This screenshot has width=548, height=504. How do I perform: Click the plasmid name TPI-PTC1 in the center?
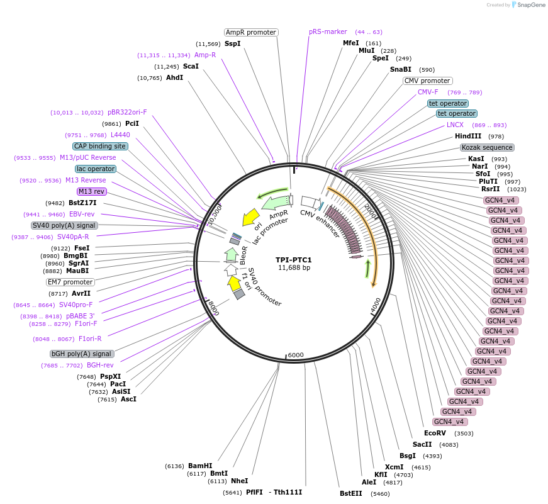click(x=294, y=260)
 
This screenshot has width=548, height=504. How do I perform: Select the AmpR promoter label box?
click(x=251, y=32)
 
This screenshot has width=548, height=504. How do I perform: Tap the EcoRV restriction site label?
click(x=435, y=433)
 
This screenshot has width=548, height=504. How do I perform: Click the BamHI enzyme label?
click(x=200, y=466)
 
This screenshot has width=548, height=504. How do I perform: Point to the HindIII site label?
click(x=468, y=136)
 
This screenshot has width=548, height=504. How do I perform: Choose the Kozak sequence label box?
click(x=487, y=147)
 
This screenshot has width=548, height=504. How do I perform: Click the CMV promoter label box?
click(x=427, y=81)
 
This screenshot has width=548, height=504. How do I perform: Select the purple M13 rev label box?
click(x=92, y=191)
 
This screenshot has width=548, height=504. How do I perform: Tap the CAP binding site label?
click(x=100, y=146)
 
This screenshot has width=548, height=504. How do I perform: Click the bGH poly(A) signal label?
click(x=82, y=354)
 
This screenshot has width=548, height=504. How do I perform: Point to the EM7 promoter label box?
click(x=70, y=282)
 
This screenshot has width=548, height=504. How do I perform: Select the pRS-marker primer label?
click(x=328, y=31)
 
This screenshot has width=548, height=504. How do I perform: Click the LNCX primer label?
click(x=455, y=125)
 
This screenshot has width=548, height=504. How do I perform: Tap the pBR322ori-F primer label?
click(x=127, y=112)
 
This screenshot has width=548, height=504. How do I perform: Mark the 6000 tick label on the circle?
click(x=296, y=355)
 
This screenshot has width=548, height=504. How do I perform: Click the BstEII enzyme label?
click(x=351, y=493)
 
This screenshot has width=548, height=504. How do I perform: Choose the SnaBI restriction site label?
click(x=401, y=69)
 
